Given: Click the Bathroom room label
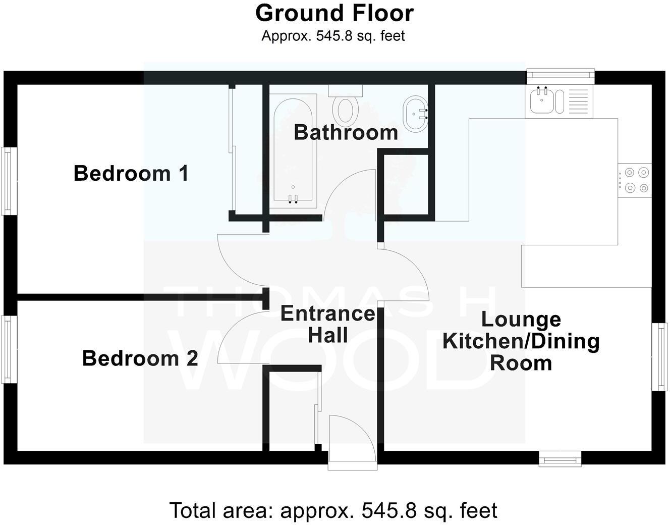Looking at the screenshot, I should [346, 132].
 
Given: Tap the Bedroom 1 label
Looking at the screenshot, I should [131, 173].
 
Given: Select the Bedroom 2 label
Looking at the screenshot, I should [140, 358].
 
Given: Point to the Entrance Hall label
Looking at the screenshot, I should [328, 324].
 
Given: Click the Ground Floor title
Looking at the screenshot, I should [334, 13].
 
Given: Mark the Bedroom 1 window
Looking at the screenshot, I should [7, 181].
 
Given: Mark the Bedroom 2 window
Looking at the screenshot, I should [7, 349].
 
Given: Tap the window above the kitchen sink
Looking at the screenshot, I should [560, 75].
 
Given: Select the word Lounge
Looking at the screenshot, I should [521, 320].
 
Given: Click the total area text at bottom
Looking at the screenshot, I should [333, 510].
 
